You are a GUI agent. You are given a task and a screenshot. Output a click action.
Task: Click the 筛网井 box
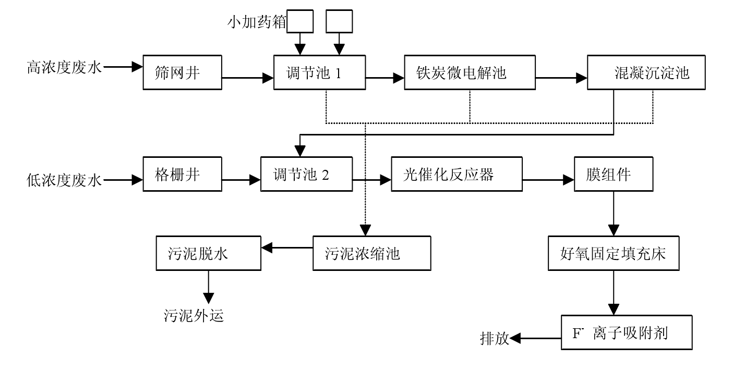183,72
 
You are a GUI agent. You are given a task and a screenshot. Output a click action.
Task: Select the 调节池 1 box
319,72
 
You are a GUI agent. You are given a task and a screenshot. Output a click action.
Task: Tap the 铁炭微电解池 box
470,72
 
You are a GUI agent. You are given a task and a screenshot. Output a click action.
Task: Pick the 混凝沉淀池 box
646,72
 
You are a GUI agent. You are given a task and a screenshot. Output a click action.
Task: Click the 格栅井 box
183,174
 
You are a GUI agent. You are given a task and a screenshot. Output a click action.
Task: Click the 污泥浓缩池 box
371,254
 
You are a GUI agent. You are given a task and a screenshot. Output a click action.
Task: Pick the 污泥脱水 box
208,254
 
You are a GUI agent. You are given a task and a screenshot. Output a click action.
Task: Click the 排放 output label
494,339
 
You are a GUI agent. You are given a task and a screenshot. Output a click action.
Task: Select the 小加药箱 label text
256,22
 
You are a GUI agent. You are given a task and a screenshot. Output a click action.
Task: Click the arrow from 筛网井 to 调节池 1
248,78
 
